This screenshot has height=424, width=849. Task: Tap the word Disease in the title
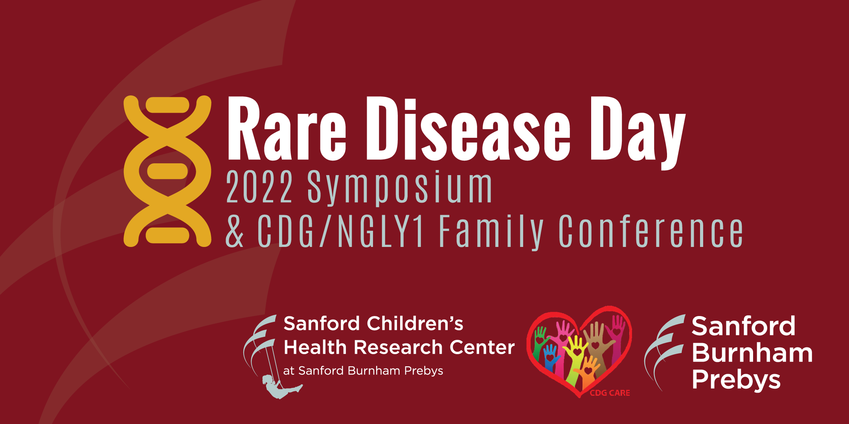(468, 128)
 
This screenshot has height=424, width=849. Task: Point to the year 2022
(259, 187)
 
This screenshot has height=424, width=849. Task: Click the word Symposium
(400, 188)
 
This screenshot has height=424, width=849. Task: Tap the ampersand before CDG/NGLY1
(235, 231)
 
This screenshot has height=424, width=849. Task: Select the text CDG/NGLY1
(340, 231)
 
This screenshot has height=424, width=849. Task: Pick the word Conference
(651, 231)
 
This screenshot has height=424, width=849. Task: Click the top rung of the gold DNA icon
(167, 105)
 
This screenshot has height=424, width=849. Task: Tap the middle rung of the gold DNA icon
(167, 171)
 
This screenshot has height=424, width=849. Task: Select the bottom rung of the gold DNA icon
(167, 235)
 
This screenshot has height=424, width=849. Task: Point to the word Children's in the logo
(415, 323)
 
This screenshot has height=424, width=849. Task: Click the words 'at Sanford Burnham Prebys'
(363, 371)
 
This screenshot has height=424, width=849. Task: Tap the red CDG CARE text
(610, 393)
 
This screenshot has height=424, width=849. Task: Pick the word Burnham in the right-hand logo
(752, 353)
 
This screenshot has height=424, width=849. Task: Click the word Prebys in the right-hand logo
(736, 380)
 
